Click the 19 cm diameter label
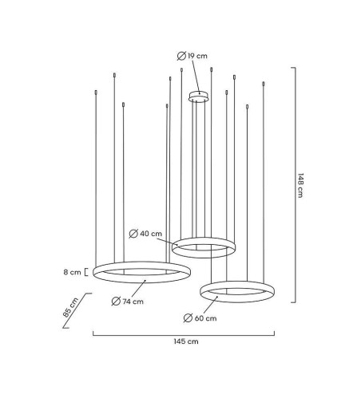[192, 56]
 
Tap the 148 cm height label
[300, 185]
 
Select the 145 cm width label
[186, 341]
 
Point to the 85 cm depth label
[70, 307]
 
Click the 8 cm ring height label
[72, 272]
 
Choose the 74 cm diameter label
[128, 302]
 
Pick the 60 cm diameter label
[200, 318]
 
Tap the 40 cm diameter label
[145, 234]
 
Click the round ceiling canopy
[199, 97]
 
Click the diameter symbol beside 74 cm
[116, 302]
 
